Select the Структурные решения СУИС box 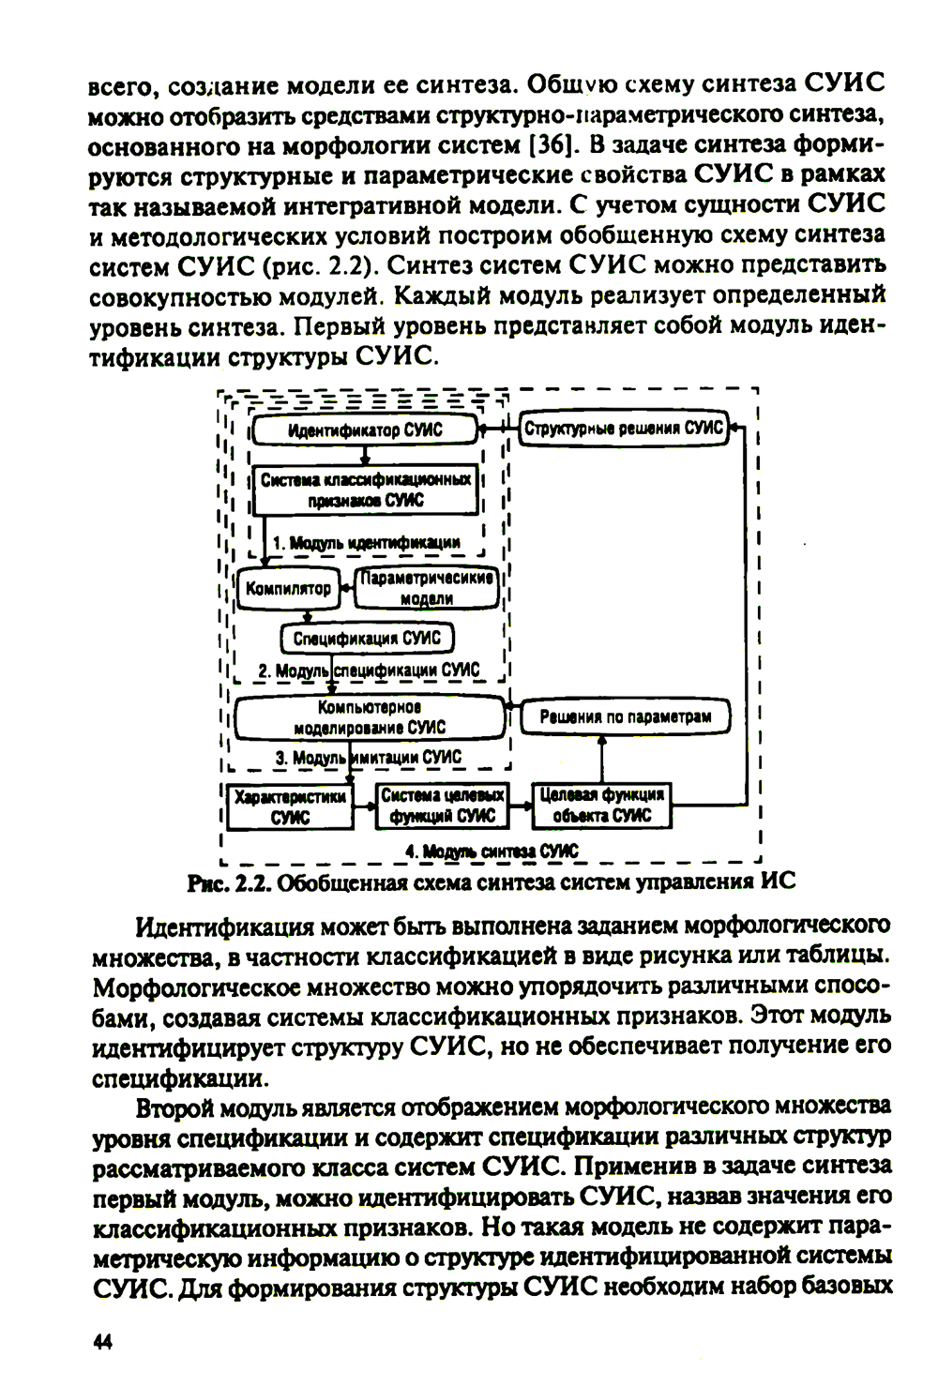coord(624,429)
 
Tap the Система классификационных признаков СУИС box coord(366,490)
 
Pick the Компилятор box coord(288,588)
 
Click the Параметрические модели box coord(427,588)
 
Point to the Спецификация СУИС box coord(367,639)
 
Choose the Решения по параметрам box coord(625,717)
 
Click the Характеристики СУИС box coord(290,806)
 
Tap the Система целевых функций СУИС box coord(442,806)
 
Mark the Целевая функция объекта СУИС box coord(602,806)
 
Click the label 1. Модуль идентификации coord(366,543)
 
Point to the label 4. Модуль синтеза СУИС coord(492,851)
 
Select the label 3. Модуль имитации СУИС coord(368,758)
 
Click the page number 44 coord(102,1342)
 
